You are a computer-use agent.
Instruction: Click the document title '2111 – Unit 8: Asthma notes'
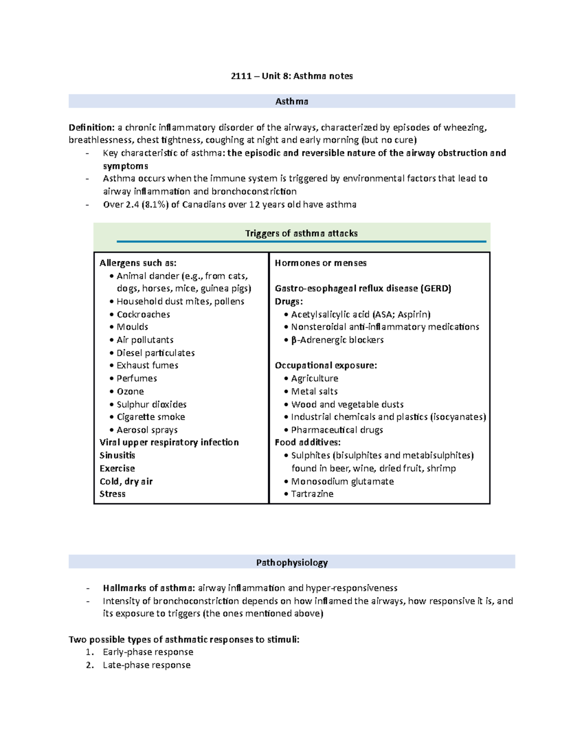[292, 76]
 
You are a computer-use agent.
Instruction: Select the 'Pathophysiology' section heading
[292, 562]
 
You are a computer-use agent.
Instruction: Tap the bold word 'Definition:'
[91, 128]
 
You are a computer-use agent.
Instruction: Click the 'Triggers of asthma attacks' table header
[301, 233]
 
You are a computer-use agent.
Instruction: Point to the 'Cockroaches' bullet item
[143, 314]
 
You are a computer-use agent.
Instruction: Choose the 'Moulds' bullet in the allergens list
[132, 327]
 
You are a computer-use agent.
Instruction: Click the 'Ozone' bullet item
[130, 391]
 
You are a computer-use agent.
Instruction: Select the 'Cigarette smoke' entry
[151, 417]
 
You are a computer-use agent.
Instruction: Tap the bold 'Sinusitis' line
[117, 455]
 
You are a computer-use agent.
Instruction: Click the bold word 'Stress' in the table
[112, 494]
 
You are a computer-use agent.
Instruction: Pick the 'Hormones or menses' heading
[321, 263]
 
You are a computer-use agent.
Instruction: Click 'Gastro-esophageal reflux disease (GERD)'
[363, 288]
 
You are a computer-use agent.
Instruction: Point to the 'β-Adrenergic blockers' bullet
[337, 340]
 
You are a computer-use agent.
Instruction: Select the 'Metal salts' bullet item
[314, 391]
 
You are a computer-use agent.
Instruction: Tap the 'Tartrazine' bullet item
[312, 494]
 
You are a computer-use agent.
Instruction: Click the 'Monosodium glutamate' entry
[342, 481]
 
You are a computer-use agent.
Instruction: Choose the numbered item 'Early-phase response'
[148, 652]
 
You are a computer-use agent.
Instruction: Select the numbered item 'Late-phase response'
[146, 665]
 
